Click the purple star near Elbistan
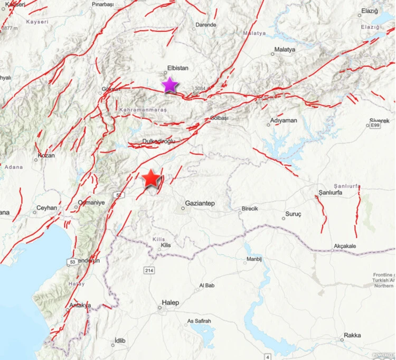(169, 84)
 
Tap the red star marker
(152, 179)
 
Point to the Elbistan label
(177, 68)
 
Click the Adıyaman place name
(284, 121)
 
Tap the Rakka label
(352, 335)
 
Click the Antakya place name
(80, 305)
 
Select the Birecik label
(249, 209)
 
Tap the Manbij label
(254, 259)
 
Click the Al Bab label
(206, 286)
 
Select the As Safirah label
(199, 321)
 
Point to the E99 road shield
(375, 126)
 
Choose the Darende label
(206, 25)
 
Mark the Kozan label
(46, 157)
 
